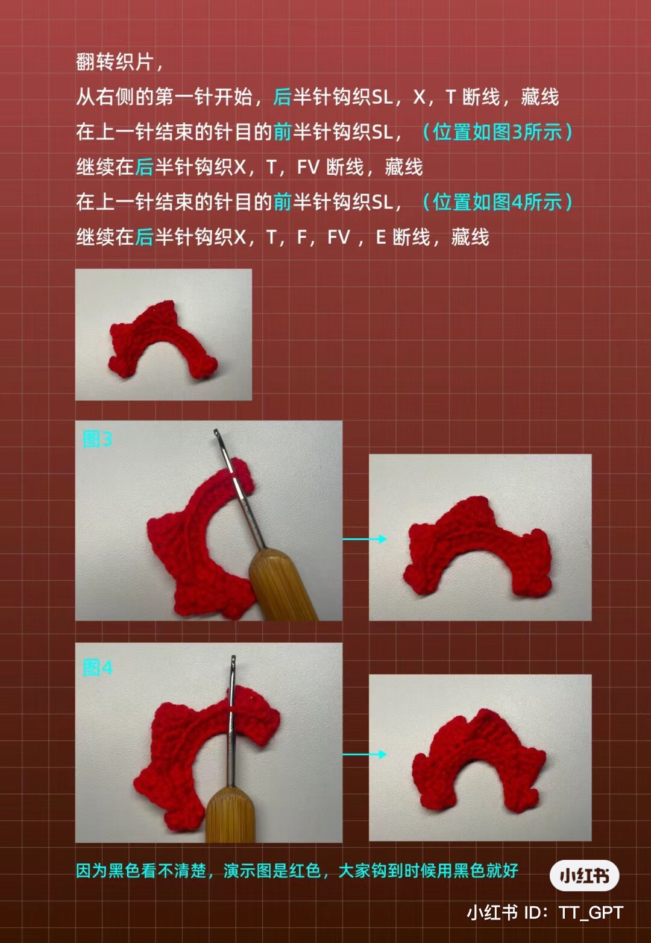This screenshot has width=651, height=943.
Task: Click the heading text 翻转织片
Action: pyautogui.click(x=115, y=61)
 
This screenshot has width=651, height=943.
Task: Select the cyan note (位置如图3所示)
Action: pyautogui.click(x=497, y=131)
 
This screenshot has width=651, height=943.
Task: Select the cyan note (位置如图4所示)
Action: pyautogui.click(x=497, y=202)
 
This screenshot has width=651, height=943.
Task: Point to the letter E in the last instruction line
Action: pyautogui.click(x=380, y=237)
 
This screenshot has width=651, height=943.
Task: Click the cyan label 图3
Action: pyautogui.click(x=97, y=439)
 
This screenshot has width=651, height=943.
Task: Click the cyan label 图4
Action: pyautogui.click(x=97, y=667)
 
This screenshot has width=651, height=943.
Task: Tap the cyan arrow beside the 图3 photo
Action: pyautogui.click(x=365, y=539)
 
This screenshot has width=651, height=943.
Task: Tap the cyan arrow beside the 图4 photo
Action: pyautogui.click(x=365, y=754)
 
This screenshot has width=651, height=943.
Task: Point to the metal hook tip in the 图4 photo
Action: pyautogui.click(x=233, y=660)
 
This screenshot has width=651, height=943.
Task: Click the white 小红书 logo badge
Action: pyautogui.click(x=583, y=875)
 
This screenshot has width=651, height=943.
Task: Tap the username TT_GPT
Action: pyautogui.click(x=590, y=912)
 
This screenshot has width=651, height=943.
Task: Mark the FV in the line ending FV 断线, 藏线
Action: pyautogui.click(x=308, y=167)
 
